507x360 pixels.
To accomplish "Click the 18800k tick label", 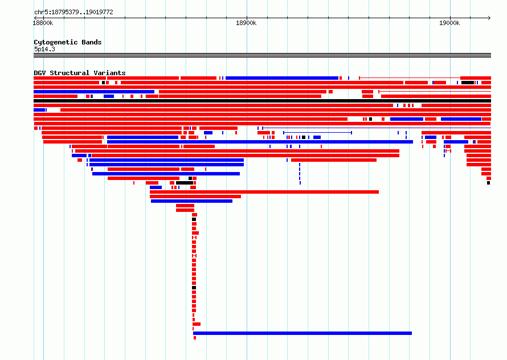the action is tap(43, 23).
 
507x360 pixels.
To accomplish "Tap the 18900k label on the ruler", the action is tap(246, 23).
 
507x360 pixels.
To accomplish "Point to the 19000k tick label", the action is tap(449, 23).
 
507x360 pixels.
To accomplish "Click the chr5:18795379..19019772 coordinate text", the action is tap(73, 13).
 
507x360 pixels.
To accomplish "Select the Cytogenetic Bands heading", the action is tap(68, 42).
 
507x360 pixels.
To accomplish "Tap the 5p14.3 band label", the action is tap(44, 49).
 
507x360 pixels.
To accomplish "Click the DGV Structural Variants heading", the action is tap(80, 73).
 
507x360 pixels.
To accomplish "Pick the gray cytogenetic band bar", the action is tap(262, 55).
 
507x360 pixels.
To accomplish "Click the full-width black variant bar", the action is tap(262, 101).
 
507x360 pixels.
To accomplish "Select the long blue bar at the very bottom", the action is tap(302, 333).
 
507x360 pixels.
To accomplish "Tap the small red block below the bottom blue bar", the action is tap(195, 338).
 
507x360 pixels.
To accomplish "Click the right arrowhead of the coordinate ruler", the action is tap(489, 18).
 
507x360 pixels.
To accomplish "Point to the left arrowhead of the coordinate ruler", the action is tap(35, 18).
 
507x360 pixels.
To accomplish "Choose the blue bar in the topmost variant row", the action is tap(282, 78).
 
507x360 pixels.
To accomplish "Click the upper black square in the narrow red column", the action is tap(194, 219).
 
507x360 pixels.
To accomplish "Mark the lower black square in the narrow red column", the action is tap(194, 288).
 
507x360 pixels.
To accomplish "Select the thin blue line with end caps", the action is tap(317, 133).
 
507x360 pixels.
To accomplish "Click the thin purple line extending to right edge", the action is tap(377, 128).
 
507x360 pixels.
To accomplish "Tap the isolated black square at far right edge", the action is tap(489, 183).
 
